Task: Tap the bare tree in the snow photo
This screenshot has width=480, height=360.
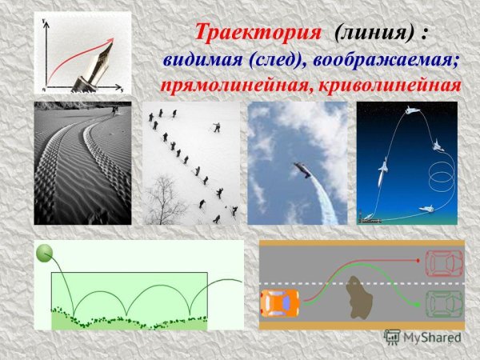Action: pos(166,201)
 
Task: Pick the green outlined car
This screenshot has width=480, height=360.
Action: pos(443,303)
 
